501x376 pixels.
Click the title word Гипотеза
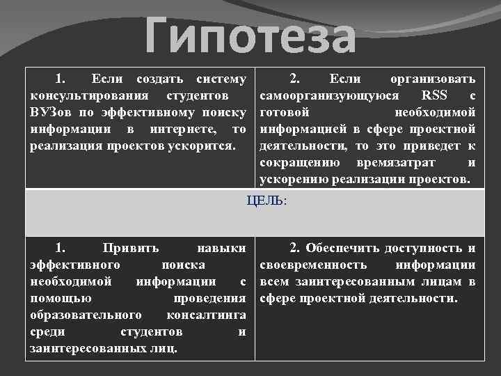coord(251,38)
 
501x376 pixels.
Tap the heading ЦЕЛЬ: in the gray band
coord(267,201)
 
